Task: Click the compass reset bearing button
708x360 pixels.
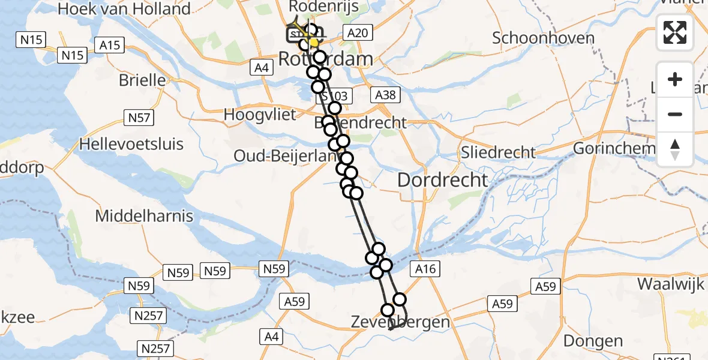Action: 675,149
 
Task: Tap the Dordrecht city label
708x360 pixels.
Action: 443,179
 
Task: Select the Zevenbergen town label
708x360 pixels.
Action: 400,322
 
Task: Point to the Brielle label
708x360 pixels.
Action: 142,80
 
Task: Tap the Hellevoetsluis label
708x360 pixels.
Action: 132,144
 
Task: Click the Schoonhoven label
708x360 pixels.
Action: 543,38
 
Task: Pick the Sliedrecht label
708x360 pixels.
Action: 498,152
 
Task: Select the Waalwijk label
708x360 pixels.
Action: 670,283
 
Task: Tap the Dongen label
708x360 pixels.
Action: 593,341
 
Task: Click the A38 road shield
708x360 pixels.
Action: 385,95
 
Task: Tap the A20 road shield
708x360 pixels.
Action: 358,33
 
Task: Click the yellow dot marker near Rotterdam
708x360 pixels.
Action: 313,42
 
